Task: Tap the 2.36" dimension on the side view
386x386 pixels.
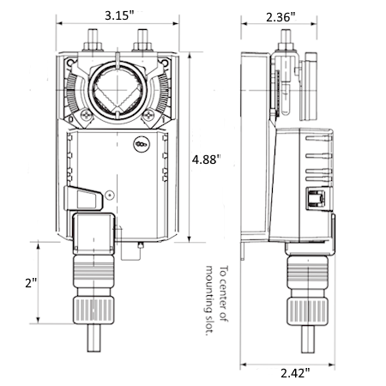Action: tap(279, 16)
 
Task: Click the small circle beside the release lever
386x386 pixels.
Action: tap(110, 196)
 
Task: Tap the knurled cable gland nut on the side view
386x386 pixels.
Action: tap(305, 306)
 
